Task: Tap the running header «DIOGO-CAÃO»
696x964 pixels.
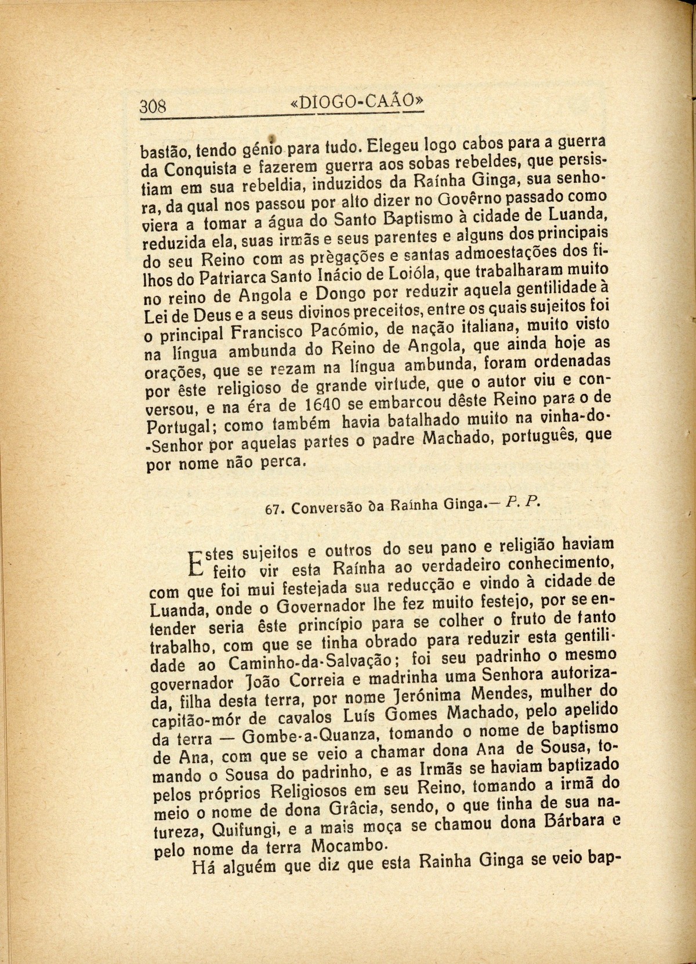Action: (x=356, y=102)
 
